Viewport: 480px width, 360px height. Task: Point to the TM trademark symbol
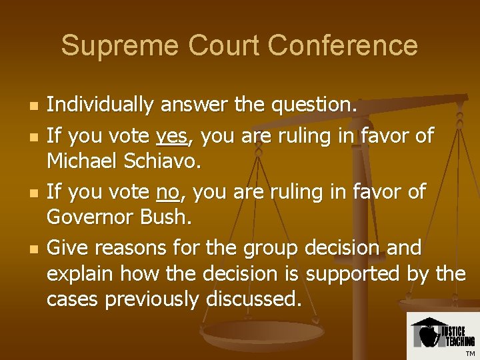coord(471,353)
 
